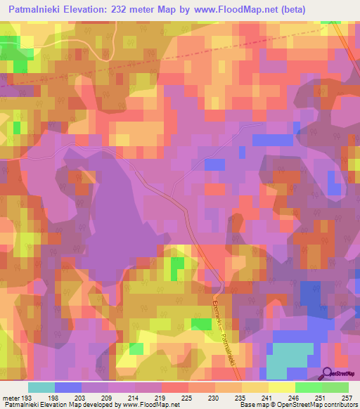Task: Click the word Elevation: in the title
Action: click(x=88, y=10)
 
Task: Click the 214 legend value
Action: click(x=132, y=397)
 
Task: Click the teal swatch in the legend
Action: click(x=41, y=387)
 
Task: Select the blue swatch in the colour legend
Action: click(x=68, y=387)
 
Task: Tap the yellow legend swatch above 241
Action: click(x=255, y=387)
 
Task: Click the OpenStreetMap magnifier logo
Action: click(x=326, y=372)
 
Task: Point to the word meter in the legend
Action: click(x=11, y=397)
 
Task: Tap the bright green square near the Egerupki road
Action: click(x=200, y=324)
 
